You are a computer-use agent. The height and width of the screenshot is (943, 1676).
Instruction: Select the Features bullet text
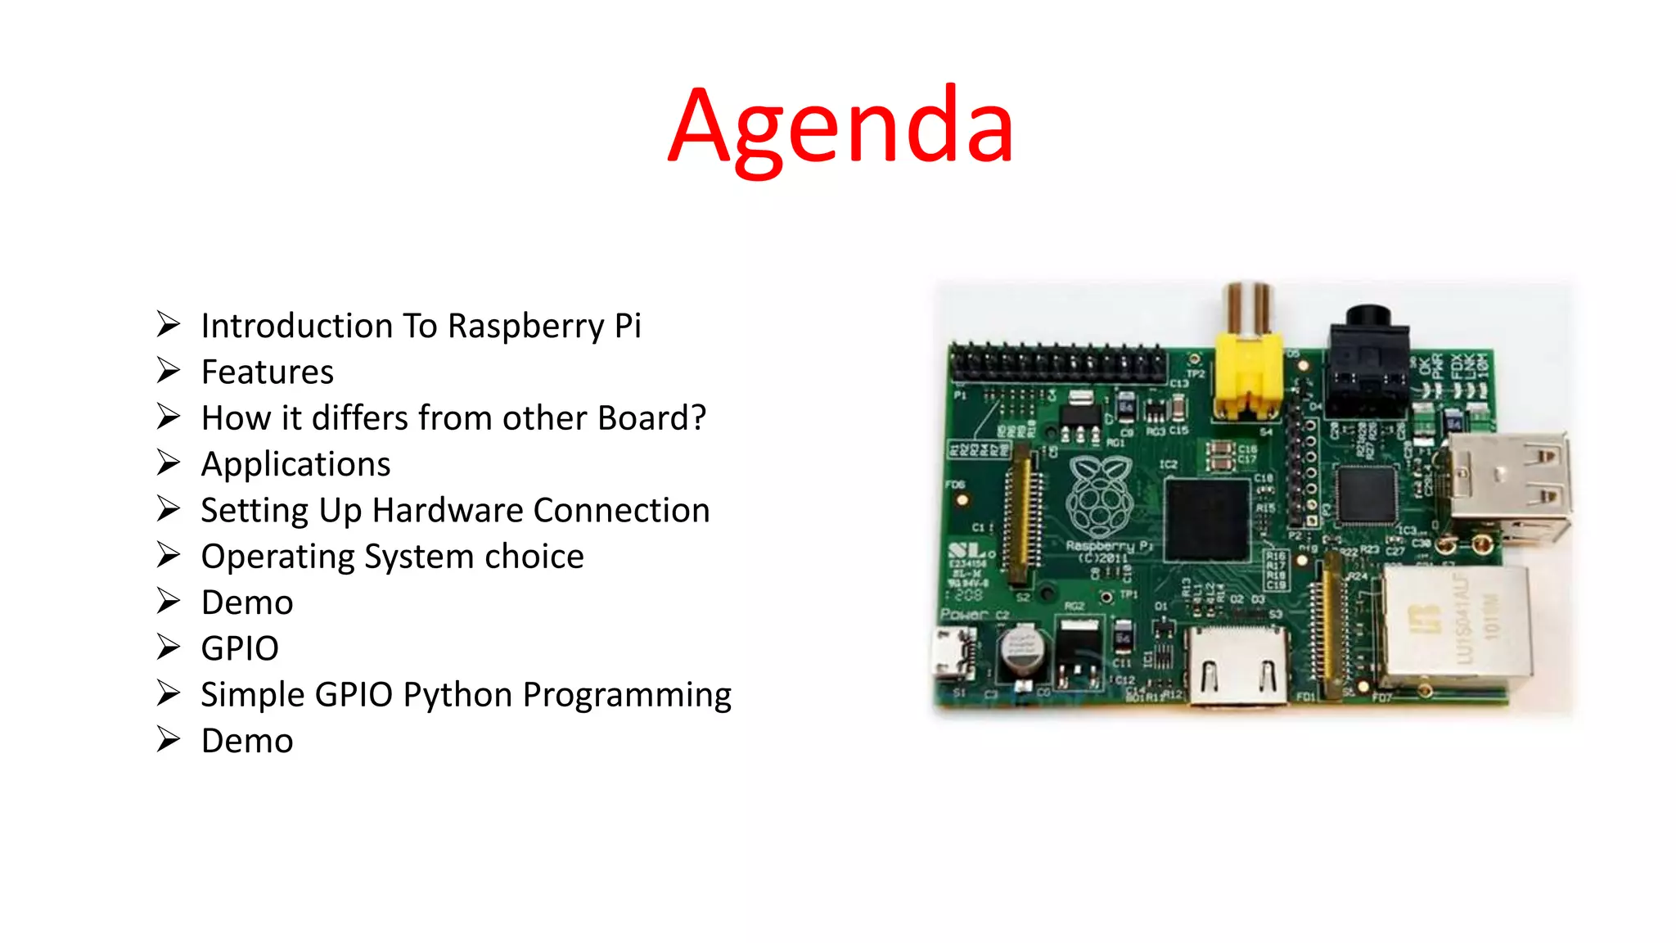(x=268, y=372)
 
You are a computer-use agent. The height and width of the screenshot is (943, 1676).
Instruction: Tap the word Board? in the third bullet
(x=651, y=418)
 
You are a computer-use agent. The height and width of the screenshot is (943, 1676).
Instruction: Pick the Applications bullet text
(x=295, y=464)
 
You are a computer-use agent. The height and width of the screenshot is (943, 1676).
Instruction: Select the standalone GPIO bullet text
(x=240, y=648)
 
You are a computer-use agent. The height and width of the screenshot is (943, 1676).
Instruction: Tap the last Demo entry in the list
(x=247, y=741)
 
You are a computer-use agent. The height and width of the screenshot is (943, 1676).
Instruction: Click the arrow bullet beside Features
(x=169, y=371)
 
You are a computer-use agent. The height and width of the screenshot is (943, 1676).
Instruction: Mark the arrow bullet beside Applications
(x=169, y=463)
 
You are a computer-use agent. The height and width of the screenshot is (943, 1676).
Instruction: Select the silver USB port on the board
(x=1509, y=487)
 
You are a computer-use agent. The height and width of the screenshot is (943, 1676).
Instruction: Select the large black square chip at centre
(x=1207, y=519)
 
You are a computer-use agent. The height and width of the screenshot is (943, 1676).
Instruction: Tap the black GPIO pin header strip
(x=1058, y=363)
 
